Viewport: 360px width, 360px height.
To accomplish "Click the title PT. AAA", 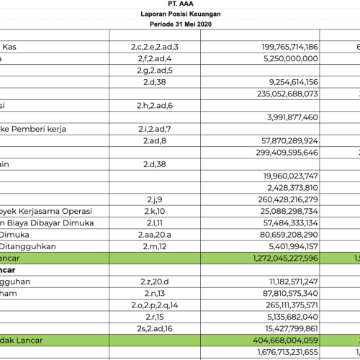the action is click(179, 4).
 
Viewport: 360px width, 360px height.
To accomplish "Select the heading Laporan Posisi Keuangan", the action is click(179, 14).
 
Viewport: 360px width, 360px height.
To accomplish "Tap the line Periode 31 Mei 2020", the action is click(179, 24).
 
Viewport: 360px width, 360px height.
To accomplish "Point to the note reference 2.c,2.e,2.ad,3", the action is click(151, 46).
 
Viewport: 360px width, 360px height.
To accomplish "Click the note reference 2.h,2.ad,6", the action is click(151, 104).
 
